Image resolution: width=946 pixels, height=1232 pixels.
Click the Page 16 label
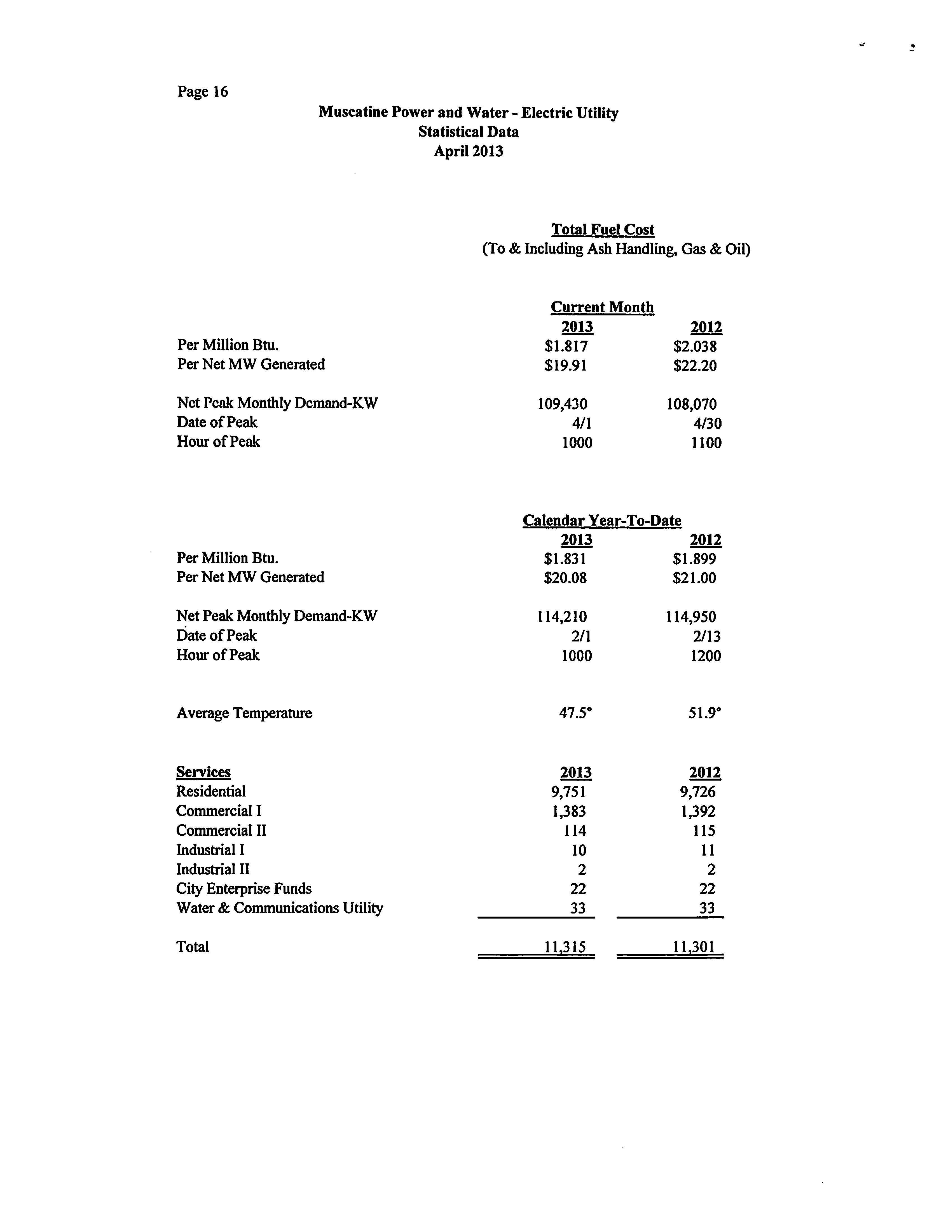203,92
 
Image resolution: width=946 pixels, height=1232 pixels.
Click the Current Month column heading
602,307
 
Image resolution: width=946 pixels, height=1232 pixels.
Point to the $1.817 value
566,346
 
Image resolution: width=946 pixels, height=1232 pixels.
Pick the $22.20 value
695,366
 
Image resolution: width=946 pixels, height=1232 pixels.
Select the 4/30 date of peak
707,423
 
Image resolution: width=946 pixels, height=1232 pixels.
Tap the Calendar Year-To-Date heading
601,520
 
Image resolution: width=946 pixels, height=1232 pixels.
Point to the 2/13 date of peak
707,636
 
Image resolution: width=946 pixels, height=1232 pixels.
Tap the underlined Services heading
203,772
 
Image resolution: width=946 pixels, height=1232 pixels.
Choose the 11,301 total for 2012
694,947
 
